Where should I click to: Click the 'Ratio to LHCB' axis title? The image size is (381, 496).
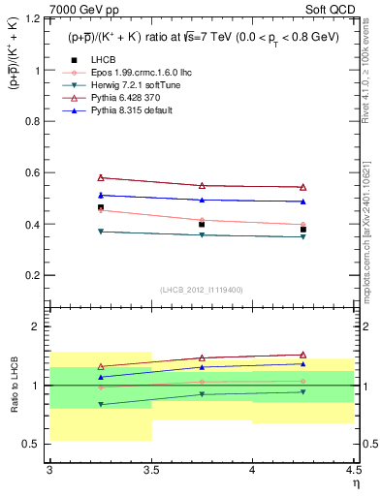pyautogui.click(x=13, y=386)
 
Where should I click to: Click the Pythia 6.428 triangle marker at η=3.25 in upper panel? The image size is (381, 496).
pyautogui.click(x=100, y=177)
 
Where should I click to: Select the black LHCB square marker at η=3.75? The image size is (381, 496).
pyautogui.click(x=202, y=225)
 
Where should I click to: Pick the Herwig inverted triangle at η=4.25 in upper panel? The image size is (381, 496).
pyautogui.click(x=303, y=237)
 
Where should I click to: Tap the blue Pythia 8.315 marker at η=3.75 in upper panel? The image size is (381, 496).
pyautogui.click(x=202, y=200)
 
